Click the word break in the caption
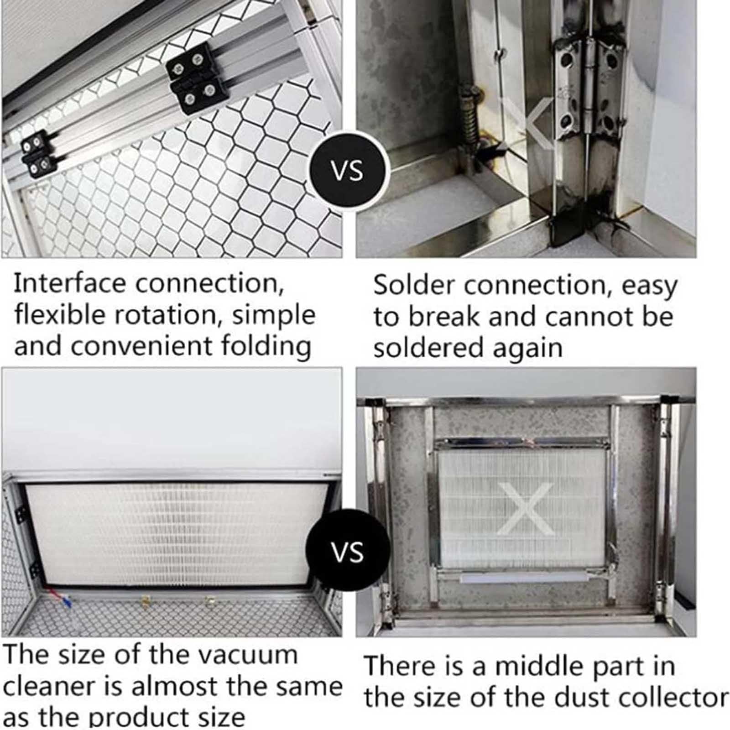click(445, 316)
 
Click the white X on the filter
click(525, 509)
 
